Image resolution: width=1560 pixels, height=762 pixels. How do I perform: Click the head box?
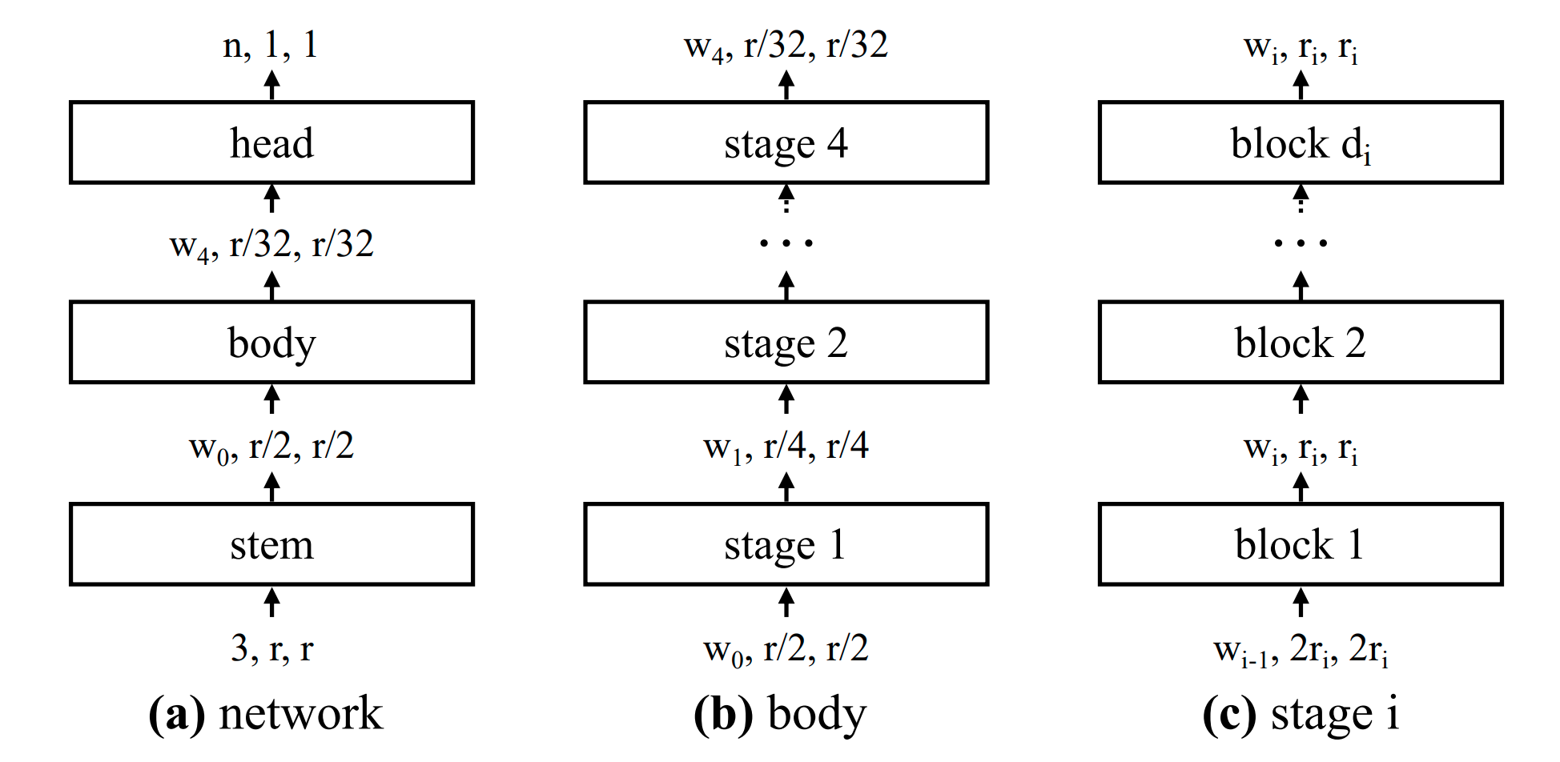[x=271, y=143]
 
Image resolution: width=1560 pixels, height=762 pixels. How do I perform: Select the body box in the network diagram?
[x=271, y=343]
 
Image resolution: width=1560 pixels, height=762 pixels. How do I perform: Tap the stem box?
[x=271, y=544]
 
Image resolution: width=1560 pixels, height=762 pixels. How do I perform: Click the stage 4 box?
[x=786, y=143]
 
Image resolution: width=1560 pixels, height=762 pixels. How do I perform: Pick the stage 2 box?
[x=786, y=343]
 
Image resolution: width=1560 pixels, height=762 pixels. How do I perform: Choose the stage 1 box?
[x=786, y=544]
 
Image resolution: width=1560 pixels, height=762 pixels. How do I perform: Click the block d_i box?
[x=1301, y=143]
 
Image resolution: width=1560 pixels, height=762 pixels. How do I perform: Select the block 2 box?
[x=1301, y=343]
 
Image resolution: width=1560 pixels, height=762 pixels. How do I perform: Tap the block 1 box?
[x=1301, y=544]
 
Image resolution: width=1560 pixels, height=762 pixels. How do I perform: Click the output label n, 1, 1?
[x=271, y=45]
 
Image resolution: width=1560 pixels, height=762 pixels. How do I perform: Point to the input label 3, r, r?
[x=271, y=648]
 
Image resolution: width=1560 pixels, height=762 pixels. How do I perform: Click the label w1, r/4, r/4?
[x=786, y=447]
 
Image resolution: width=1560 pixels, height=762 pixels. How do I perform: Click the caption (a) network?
[x=266, y=713]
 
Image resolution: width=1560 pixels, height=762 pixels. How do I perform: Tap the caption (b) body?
[x=780, y=713]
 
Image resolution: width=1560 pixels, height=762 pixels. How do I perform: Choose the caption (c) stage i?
[x=1301, y=713]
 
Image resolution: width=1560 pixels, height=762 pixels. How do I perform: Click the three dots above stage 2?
[x=786, y=242]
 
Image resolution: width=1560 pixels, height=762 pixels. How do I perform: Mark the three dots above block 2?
[x=1301, y=242]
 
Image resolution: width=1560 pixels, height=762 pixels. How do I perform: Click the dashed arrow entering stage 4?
[x=786, y=199]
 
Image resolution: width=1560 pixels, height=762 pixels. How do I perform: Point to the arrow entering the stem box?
[x=272, y=602]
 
